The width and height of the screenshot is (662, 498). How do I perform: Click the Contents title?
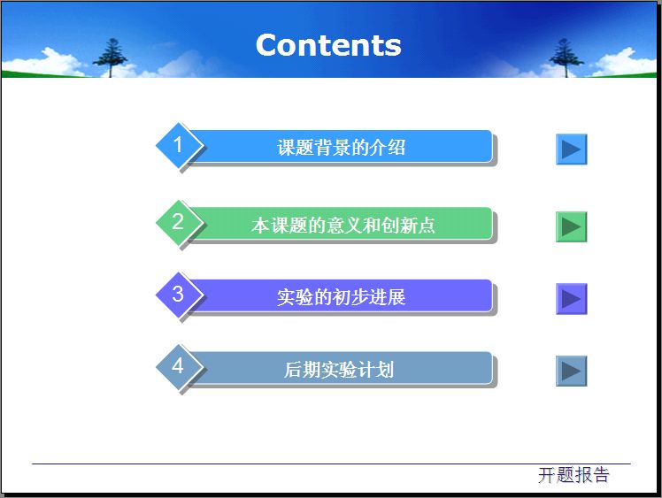tap(328, 45)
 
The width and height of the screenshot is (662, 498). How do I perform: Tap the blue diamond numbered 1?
tap(179, 144)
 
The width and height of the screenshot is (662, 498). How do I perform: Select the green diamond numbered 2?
tap(179, 221)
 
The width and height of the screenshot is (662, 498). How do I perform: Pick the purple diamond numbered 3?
tap(179, 294)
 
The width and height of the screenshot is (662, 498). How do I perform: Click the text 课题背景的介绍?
tap(341, 148)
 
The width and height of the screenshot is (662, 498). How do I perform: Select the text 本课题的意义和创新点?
tap(343, 226)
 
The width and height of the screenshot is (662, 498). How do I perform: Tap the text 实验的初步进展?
tap(341, 297)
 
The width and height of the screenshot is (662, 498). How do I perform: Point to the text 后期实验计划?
tap(338, 370)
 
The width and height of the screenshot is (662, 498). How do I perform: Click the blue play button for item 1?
tap(571, 149)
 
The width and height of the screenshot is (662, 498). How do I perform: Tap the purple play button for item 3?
tap(571, 299)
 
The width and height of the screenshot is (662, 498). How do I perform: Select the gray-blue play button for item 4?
tap(571, 371)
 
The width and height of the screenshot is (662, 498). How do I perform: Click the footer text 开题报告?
tap(573, 475)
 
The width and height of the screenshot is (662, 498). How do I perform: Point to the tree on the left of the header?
tap(111, 57)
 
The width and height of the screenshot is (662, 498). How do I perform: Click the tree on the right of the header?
tap(564, 57)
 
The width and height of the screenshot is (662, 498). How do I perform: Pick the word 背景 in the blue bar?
tap(331, 148)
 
